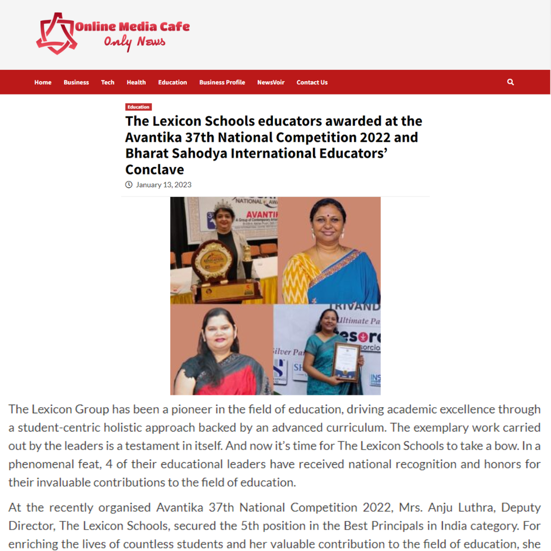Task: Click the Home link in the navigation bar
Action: [43, 82]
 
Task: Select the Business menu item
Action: [76, 82]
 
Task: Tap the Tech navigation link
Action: [108, 82]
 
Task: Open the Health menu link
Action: [136, 82]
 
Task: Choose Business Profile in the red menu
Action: [222, 82]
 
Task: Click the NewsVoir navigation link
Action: [271, 82]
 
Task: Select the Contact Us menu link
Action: [312, 82]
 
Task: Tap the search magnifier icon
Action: [511, 82]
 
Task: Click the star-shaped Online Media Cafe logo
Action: [55, 33]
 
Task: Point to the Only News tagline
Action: [135, 42]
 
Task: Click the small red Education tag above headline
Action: [138, 107]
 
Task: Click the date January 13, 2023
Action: [163, 185]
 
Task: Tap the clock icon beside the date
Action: [129, 185]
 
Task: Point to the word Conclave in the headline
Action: [155, 169]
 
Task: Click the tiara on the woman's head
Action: [223, 206]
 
